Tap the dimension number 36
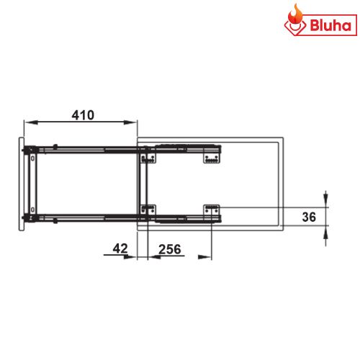pyautogui.click(x=309, y=215)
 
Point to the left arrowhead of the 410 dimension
pyautogui.click(x=27, y=121)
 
